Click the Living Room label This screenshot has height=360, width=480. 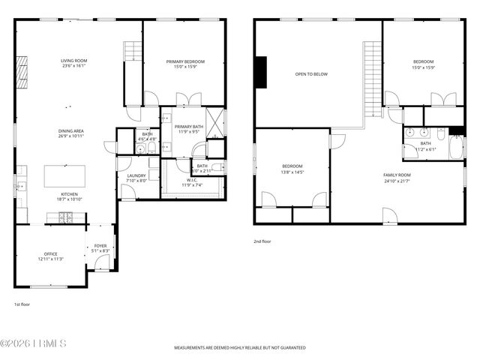click(x=74, y=61)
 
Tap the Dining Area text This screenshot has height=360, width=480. click(x=74, y=131)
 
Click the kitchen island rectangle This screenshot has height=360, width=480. click(x=68, y=176)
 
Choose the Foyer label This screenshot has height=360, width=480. click(x=100, y=246)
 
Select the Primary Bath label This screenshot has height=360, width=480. click(x=189, y=127)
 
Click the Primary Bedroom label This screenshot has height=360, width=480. click(x=184, y=61)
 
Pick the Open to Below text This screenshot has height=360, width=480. click(x=310, y=74)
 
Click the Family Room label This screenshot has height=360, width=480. click(x=397, y=175)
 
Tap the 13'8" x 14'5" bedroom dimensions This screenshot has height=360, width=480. click(x=292, y=172)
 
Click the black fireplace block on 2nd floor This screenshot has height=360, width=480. click(x=260, y=73)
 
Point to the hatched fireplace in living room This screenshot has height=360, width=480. click(x=22, y=73)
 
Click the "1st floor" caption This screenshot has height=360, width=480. click(x=22, y=304)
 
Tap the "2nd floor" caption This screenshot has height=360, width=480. click(x=263, y=241)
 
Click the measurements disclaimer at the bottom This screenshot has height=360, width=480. click(x=240, y=348)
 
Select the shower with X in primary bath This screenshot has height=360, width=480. click(x=215, y=121)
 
